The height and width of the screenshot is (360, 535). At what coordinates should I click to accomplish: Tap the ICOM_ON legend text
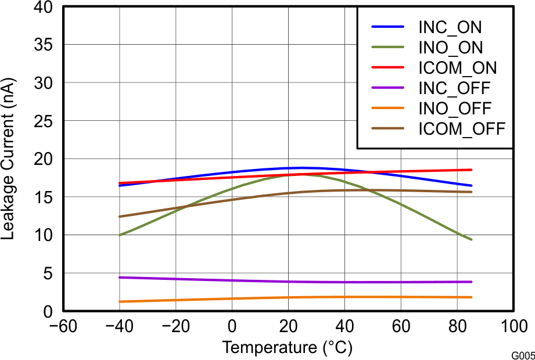[458, 67]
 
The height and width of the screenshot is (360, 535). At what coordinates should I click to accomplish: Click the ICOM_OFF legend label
[462, 128]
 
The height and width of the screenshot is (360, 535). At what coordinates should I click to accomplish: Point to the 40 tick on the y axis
[42, 7]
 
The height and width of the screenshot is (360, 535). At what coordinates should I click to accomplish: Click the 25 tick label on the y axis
[42, 121]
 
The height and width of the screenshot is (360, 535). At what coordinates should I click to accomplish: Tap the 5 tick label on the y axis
[47, 273]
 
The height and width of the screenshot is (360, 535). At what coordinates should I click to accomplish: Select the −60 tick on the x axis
[63, 325]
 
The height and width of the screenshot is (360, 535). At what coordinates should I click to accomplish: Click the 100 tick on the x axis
[513, 325]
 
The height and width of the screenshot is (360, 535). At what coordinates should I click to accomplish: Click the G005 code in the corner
[523, 355]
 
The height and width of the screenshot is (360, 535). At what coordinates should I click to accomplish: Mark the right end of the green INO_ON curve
[471, 239]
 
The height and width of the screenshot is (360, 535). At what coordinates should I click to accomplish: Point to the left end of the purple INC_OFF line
[120, 278]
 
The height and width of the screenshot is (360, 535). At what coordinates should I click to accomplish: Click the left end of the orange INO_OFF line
[120, 301]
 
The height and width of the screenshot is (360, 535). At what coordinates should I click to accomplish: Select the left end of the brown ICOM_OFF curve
[120, 217]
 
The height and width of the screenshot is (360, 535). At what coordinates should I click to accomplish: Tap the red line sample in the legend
[387, 67]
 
